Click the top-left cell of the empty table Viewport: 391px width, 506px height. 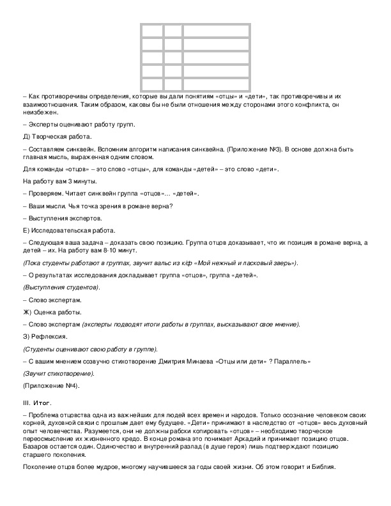(151, 31)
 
